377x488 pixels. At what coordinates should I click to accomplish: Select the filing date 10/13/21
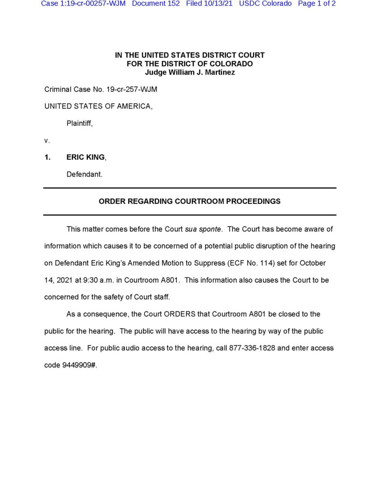(x=218, y=4)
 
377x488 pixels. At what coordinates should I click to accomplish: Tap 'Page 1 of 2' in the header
(x=316, y=4)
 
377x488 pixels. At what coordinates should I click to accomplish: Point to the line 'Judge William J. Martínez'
(x=190, y=72)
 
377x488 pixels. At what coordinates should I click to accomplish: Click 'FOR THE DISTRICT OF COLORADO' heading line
(x=190, y=64)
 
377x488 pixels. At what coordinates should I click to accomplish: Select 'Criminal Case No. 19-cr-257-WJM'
(x=101, y=90)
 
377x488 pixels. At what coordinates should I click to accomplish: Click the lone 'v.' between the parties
(x=47, y=141)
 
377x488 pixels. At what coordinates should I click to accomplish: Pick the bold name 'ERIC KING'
(x=85, y=157)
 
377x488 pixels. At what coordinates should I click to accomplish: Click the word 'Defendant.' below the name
(x=84, y=174)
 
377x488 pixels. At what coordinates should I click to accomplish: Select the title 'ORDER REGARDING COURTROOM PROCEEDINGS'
(x=190, y=201)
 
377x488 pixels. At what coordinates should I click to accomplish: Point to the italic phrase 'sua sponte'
(x=203, y=229)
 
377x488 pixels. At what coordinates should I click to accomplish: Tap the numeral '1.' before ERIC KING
(x=48, y=157)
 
